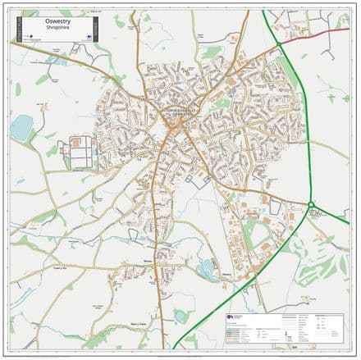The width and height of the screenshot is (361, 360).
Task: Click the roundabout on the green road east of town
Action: tap(312, 204)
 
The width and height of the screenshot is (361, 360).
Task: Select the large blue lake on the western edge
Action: tap(22, 126)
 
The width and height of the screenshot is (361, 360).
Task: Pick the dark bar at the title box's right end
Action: tap(97, 30)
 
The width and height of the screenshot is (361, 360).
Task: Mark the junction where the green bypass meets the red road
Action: tap(282, 39)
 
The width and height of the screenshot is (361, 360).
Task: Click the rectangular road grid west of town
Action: tap(81, 151)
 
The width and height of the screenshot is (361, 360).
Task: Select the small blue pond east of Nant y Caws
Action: tap(180, 315)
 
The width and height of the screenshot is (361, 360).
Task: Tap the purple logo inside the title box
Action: tap(89, 37)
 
